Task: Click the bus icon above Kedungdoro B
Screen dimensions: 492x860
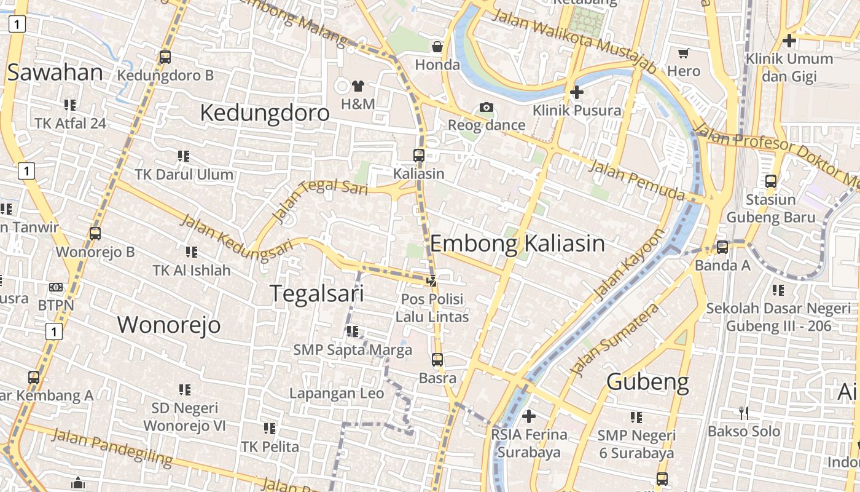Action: click(165, 57)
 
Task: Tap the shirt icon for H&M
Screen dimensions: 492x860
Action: click(358, 85)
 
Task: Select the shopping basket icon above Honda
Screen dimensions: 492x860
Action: click(437, 47)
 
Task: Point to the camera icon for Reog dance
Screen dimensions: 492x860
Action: click(487, 108)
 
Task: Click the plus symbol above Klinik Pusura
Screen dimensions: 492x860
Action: click(576, 92)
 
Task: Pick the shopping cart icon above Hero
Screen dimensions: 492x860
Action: click(683, 54)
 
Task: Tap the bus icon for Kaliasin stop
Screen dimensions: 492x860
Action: click(418, 155)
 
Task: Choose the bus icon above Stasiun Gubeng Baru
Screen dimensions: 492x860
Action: click(770, 181)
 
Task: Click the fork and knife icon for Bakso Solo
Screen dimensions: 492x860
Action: click(743, 413)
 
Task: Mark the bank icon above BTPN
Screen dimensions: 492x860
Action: click(56, 287)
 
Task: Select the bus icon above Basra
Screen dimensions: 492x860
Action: click(437, 359)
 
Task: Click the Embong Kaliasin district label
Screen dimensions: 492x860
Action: click(517, 244)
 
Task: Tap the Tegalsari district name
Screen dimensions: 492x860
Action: click(317, 293)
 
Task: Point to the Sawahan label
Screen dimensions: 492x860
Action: click(55, 73)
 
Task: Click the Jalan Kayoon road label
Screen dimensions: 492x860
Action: click(630, 264)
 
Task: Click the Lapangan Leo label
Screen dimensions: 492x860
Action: click(337, 394)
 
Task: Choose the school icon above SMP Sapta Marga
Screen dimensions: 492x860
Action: click(352, 331)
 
